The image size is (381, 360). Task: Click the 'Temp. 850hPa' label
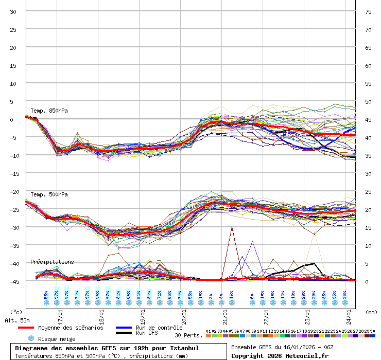point(49,111)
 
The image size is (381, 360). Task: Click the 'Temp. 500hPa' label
point(49,194)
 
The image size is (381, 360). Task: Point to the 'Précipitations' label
point(52,262)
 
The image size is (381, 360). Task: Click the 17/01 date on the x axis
point(61,312)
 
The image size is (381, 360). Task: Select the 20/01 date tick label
point(184,312)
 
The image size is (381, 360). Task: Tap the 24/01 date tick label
point(349,312)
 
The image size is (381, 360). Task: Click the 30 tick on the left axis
point(13,11)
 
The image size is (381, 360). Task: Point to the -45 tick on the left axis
point(13,281)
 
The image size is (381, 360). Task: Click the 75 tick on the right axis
point(368,11)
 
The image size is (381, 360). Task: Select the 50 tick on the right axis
point(368,101)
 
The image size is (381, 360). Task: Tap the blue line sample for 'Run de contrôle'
point(124,328)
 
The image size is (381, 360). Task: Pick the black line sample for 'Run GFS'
point(124,333)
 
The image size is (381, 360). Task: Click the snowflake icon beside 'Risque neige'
point(31,338)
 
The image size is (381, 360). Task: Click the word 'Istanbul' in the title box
point(182,348)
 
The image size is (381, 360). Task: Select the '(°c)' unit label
point(16,312)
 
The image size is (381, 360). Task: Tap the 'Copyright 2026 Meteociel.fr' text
point(280,355)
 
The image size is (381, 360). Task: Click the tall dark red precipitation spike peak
point(232,227)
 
